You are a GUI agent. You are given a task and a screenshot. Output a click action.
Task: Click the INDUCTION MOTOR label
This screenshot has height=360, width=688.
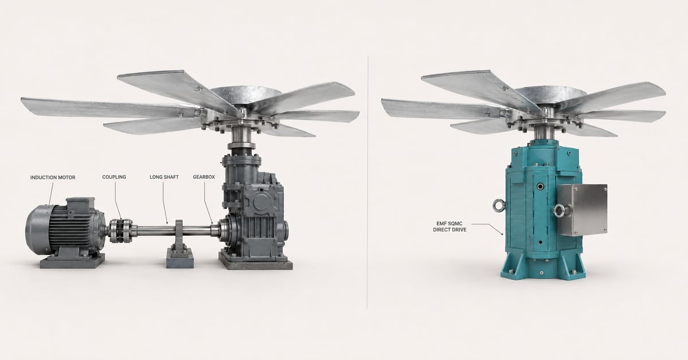point(53,178)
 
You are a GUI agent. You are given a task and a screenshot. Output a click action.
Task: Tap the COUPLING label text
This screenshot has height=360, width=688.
point(114,177)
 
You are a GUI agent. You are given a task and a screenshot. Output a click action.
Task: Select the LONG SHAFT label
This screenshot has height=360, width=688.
point(164,177)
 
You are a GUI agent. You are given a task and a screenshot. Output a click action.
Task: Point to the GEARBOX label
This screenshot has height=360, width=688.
point(204,177)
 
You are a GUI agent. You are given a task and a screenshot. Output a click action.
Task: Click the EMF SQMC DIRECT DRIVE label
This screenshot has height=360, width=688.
point(449,226)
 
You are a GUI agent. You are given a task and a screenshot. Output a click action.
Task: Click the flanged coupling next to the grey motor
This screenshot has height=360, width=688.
point(121,230)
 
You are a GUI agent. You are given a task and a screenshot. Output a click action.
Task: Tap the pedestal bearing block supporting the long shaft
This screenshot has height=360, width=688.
point(179,244)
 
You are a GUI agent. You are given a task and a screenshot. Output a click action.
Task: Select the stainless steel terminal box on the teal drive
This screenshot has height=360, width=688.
point(582,209)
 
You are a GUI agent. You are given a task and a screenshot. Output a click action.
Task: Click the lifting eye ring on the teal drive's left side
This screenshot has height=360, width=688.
point(498,205)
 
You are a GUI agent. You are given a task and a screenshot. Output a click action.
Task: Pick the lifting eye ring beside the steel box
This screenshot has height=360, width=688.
point(558,211)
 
